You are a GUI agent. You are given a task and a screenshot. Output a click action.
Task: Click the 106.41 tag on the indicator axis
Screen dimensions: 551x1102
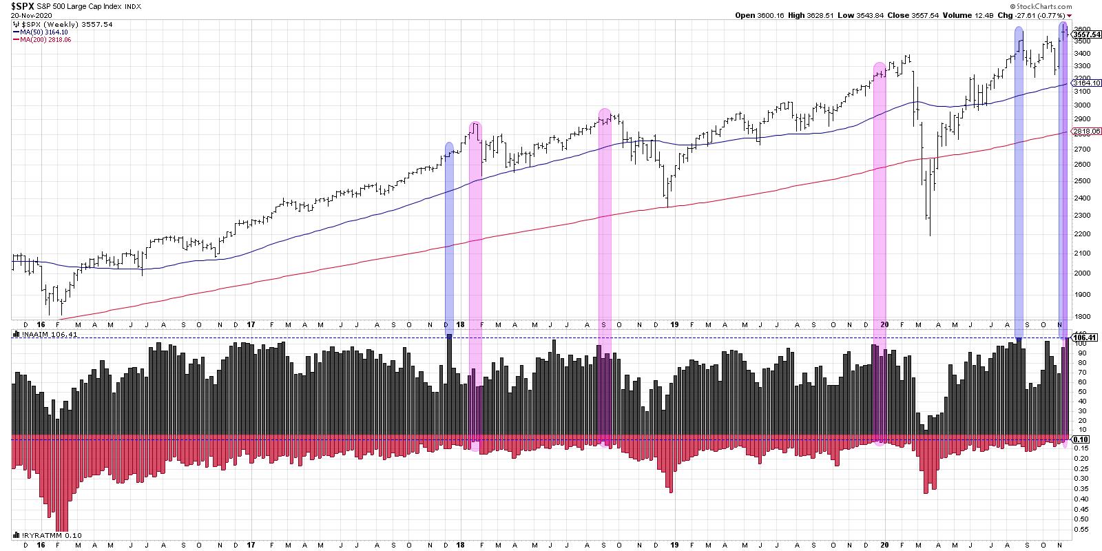point(1083,338)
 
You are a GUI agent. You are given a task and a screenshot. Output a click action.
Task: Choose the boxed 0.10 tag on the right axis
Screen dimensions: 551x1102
point(1081,439)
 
